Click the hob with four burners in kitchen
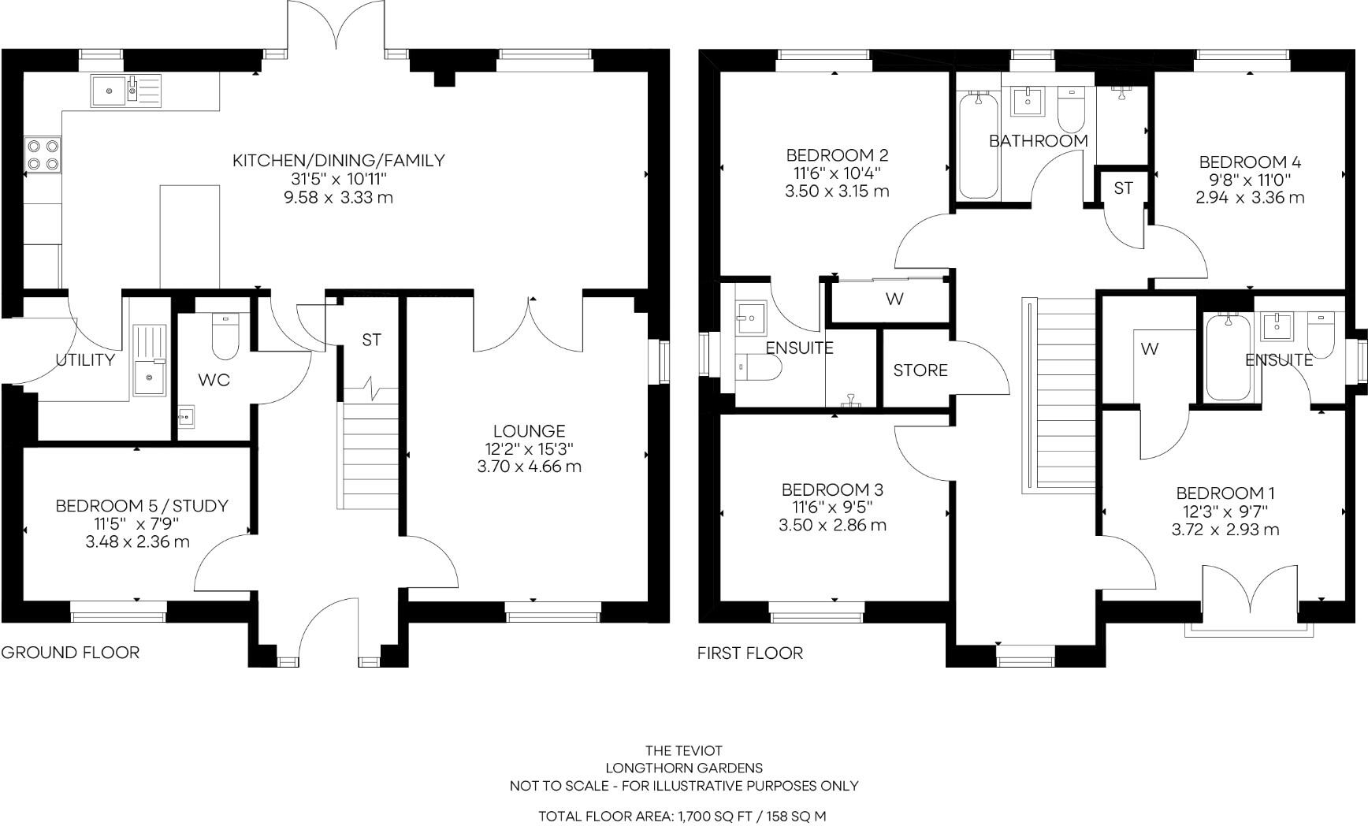pos(43,154)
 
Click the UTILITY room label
pos(85,360)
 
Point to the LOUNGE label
pos(529,431)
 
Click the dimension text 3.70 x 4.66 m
pos(529,467)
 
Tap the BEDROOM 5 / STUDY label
pos(142,506)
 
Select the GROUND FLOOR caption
pos(70,653)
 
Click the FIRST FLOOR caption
pos(749,653)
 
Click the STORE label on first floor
pos(920,370)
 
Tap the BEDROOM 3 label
pos(832,490)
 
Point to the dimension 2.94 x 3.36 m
pos(1249,198)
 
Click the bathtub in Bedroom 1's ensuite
pos(1227,357)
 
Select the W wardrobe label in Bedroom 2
pos(894,300)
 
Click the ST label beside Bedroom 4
pos(1123,188)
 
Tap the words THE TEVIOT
pos(683,750)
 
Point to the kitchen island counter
pos(190,236)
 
